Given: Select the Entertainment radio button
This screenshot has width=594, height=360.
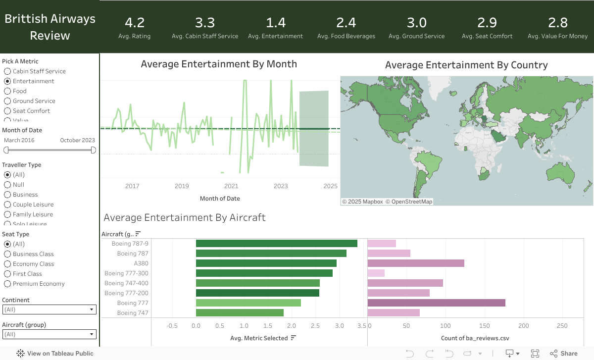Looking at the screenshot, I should [x=7, y=81].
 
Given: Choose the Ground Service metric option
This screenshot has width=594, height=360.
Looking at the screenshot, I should [x=7, y=101].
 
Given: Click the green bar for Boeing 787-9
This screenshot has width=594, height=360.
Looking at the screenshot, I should [x=276, y=244].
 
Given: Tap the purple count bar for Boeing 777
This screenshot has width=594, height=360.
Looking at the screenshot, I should [x=436, y=303].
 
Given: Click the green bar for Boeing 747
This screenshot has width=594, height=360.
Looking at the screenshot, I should [x=240, y=313].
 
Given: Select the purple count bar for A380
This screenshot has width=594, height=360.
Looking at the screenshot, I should [x=416, y=263].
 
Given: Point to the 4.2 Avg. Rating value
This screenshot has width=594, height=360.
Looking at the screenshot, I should [x=134, y=23].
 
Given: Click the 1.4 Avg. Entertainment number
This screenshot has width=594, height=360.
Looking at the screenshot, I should [x=275, y=23].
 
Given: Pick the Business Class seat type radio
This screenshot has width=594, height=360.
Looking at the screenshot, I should [x=7, y=254].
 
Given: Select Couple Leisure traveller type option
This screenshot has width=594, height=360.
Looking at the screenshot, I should [x=7, y=205].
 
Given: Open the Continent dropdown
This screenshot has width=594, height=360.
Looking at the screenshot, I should [x=49, y=309].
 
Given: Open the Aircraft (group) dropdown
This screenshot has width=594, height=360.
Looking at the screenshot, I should [x=49, y=334].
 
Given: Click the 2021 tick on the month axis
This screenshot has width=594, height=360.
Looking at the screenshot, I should [x=231, y=186].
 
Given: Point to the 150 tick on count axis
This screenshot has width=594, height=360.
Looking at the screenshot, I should [x=485, y=326].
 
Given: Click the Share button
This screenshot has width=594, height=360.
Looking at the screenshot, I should [x=564, y=354].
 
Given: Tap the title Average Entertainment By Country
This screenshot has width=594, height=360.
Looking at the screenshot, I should [x=466, y=65].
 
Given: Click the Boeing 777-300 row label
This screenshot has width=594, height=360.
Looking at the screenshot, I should [x=126, y=273].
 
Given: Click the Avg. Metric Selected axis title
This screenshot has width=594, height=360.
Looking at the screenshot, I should [x=259, y=338].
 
